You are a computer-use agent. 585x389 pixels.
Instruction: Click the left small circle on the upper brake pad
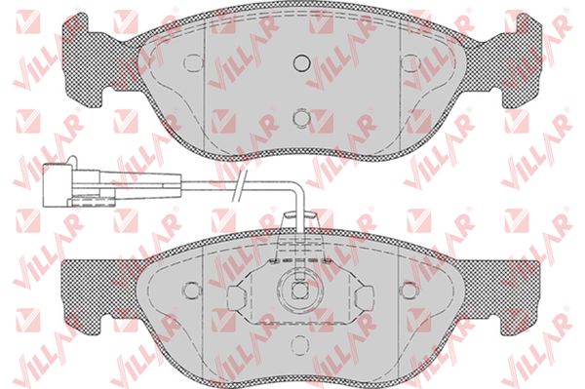tap(194, 62)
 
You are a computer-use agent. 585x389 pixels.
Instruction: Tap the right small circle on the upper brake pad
tap(410, 62)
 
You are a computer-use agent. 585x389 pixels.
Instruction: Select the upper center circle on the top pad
tap(302, 62)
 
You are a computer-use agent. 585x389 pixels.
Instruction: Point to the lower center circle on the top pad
tap(301, 118)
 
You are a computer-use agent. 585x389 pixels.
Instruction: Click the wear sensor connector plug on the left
tap(58, 185)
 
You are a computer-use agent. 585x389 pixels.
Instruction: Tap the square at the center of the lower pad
tap(299, 291)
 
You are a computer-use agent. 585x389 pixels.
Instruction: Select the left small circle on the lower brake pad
tap(192, 290)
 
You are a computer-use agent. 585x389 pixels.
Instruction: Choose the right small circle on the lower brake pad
tap(409, 290)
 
